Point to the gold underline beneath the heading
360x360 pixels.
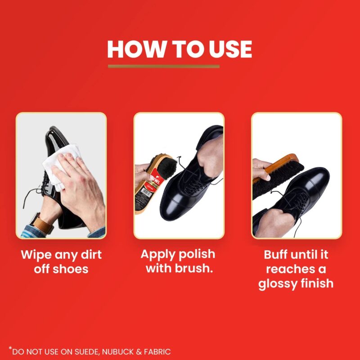[164, 67]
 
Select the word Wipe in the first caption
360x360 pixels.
[36, 255]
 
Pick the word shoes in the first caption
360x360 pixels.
[72, 269]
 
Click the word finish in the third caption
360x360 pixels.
[318, 283]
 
